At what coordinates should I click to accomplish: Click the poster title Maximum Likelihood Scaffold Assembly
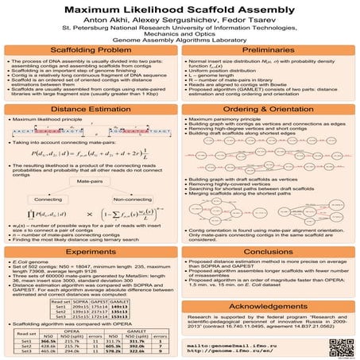point(180,10)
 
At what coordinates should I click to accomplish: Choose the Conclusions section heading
point(269,248)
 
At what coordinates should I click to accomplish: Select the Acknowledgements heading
point(269,306)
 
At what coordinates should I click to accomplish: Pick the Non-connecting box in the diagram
point(136,197)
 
